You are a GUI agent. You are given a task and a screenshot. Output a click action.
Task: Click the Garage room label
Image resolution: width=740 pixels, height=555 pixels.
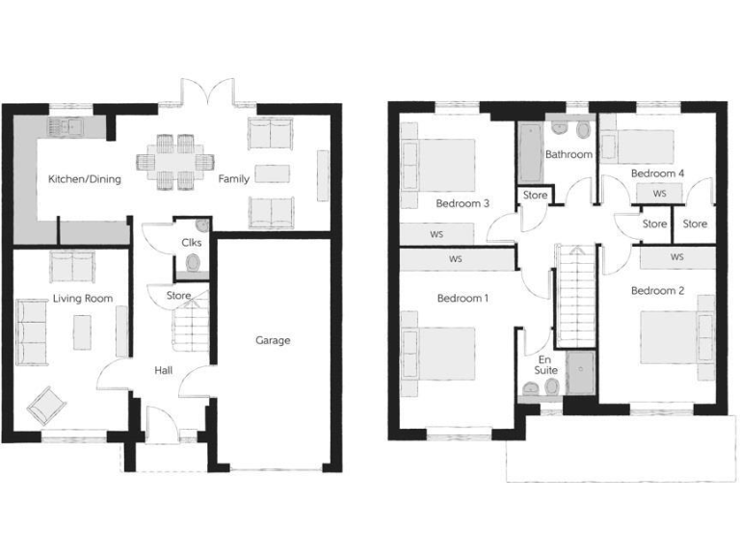(273, 340)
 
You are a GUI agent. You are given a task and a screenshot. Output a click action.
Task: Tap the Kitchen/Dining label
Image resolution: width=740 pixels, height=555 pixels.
(85, 179)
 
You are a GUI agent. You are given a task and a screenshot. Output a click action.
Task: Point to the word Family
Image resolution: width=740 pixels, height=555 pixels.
(233, 179)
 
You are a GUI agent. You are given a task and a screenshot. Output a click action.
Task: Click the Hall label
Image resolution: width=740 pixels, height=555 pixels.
(165, 369)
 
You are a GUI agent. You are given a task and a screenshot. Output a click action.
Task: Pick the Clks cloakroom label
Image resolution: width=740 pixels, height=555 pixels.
(191, 243)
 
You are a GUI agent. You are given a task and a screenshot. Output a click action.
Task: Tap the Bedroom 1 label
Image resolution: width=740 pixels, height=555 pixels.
(462, 299)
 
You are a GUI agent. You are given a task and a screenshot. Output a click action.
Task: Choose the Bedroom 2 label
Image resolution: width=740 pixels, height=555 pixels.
(657, 290)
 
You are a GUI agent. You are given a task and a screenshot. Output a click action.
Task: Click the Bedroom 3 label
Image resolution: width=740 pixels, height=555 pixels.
(462, 203)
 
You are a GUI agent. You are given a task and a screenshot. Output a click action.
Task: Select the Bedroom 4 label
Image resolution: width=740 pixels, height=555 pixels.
(657, 173)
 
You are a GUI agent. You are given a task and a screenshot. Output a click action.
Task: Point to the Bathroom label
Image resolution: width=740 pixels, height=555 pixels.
(568, 154)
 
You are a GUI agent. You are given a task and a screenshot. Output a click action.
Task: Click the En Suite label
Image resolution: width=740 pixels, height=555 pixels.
(546, 363)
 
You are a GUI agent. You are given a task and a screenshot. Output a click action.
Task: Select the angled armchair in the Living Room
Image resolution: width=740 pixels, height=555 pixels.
(45, 406)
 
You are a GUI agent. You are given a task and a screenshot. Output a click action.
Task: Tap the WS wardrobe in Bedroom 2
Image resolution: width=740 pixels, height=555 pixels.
(676, 257)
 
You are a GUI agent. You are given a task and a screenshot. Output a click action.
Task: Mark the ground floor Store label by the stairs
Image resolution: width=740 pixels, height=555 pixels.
(178, 296)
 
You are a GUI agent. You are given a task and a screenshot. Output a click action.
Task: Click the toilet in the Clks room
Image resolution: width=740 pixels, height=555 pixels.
(193, 263)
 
